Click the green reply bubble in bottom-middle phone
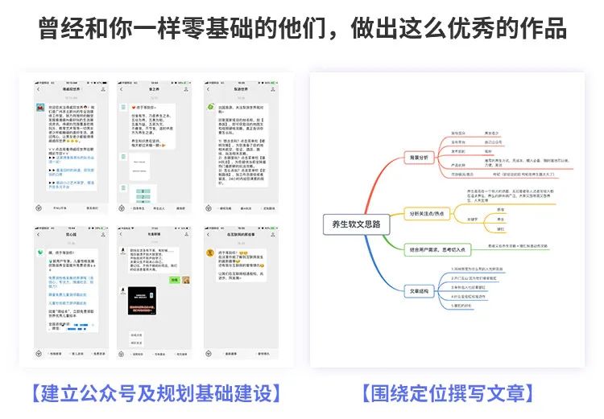(172, 280)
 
